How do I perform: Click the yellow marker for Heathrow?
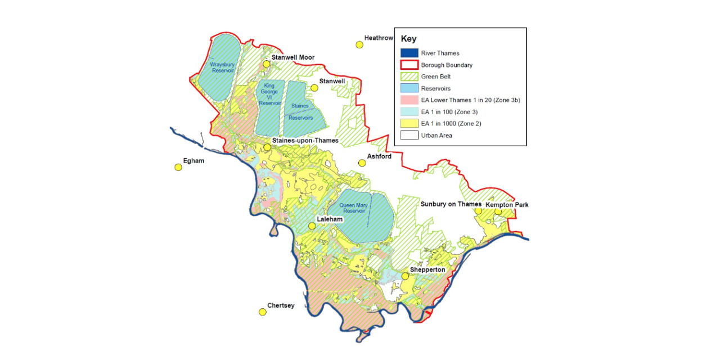click(359, 45)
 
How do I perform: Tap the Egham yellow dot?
click(178, 167)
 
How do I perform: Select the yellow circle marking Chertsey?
click(262, 312)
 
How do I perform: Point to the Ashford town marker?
click(362, 163)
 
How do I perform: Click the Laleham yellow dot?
click(312, 226)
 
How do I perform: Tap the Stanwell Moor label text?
click(292, 57)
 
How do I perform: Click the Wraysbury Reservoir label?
click(222, 67)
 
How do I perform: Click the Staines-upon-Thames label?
click(305, 140)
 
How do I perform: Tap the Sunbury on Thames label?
click(451, 204)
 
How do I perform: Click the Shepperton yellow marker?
click(405, 276)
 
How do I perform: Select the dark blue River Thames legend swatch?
click(409, 53)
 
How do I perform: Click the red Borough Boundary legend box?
click(409, 65)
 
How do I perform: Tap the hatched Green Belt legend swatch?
click(409, 77)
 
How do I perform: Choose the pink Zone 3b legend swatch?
click(409, 100)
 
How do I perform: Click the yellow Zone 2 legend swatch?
click(409, 124)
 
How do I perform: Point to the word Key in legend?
click(408, 39)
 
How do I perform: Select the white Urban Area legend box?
click(409, 136)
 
